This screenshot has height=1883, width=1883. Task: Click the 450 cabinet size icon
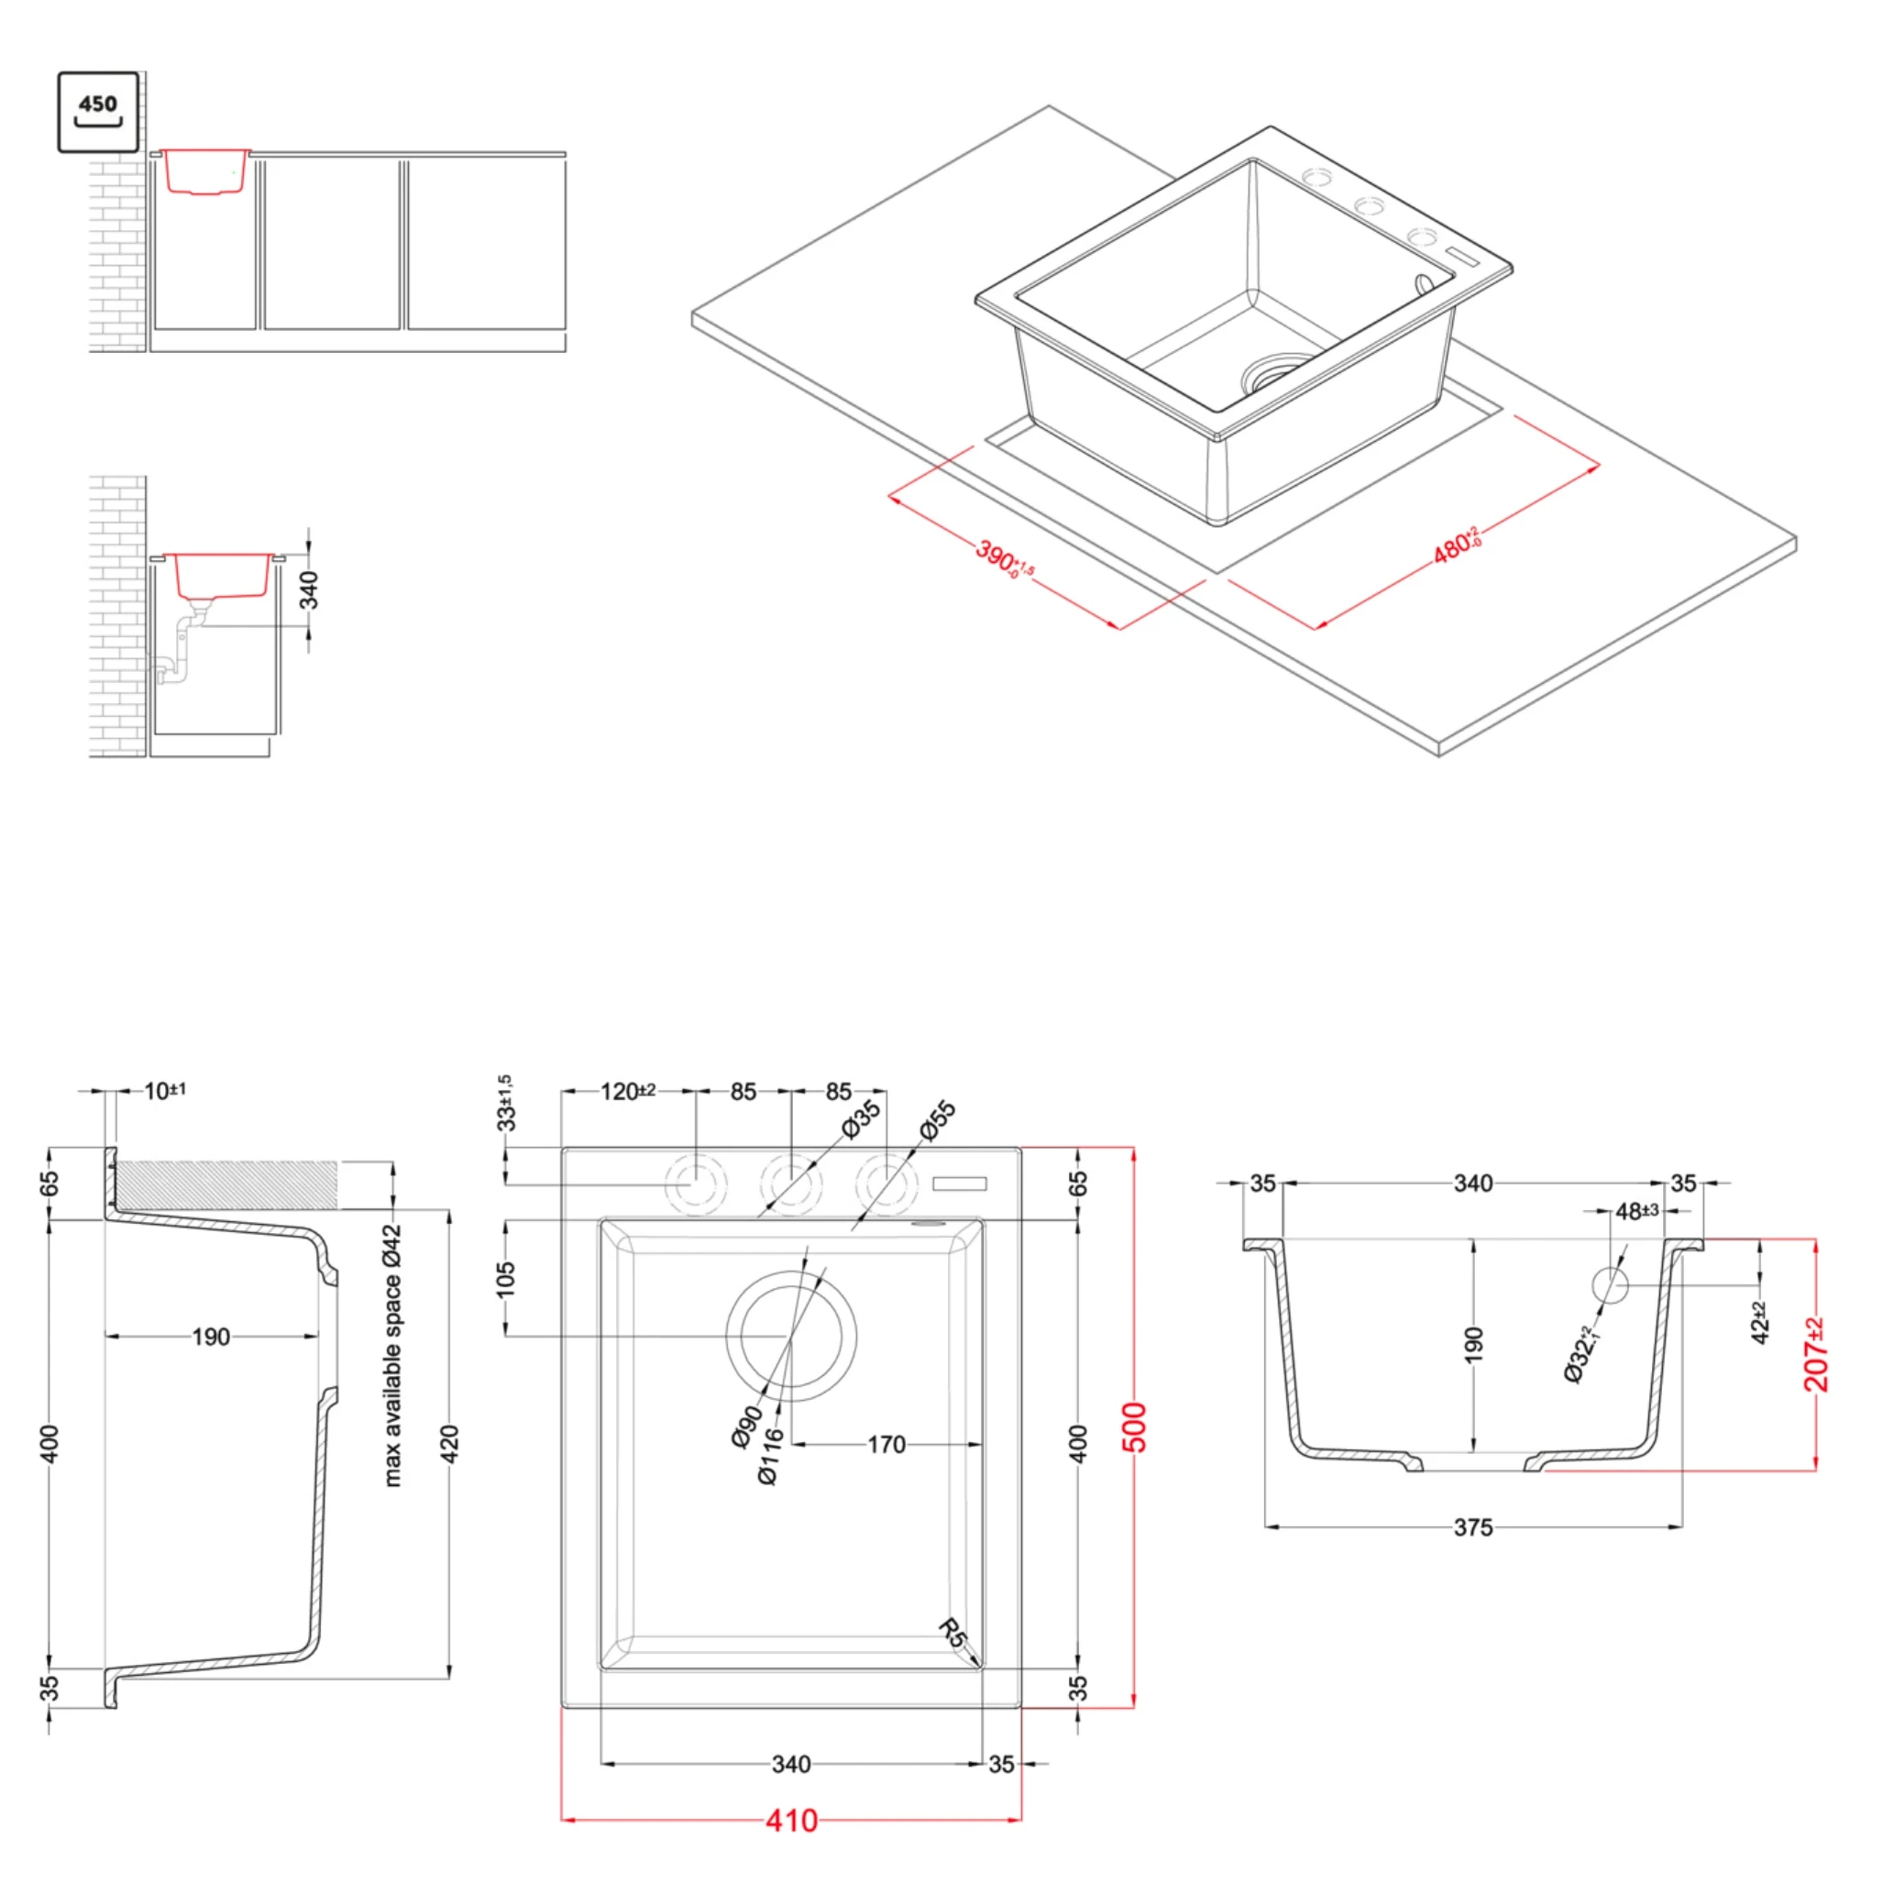point(98,111)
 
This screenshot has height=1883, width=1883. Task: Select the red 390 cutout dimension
point(1004,559)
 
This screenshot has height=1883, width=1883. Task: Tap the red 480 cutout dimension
point(1457,545)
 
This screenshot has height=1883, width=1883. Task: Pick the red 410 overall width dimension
point(791,1821)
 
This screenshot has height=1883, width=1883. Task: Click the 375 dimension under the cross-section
point(1472,1527)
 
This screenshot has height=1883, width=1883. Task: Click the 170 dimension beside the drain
point(886,1445)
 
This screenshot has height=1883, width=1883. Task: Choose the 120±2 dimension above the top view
point(627,1092)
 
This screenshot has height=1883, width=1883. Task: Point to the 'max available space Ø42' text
point(392,1356)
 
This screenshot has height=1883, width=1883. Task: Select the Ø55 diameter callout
point(938,1120)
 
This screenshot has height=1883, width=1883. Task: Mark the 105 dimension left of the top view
point(506,1279)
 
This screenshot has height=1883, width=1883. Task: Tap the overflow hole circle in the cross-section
point(1610,1285)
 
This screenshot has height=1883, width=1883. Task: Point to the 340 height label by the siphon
point(309,589)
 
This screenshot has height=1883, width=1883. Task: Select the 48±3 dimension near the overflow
point(1636,1211)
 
